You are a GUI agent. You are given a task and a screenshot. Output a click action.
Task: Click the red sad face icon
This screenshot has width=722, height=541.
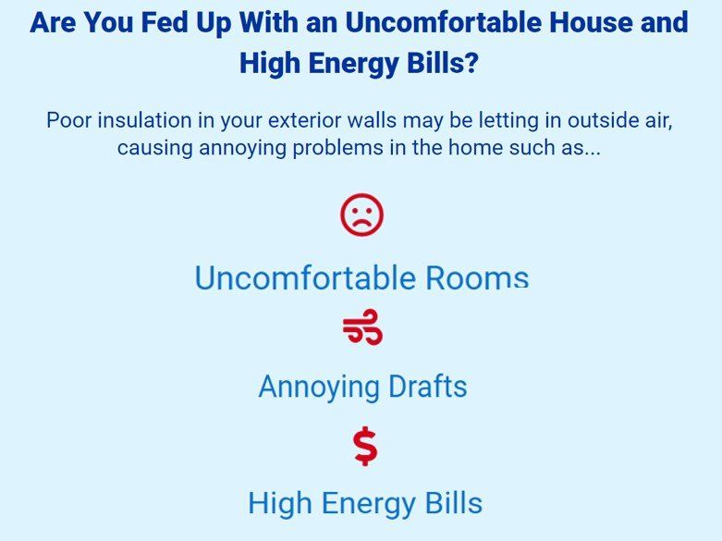coord(361,215)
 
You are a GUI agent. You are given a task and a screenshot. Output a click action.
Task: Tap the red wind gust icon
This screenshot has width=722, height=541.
coord(362,326)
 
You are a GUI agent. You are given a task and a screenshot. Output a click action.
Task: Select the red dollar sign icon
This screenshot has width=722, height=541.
coord(365,446)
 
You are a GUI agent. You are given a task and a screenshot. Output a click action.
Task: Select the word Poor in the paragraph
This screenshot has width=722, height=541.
coord(69,120)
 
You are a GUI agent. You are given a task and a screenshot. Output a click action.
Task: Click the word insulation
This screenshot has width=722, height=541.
coord(144,120)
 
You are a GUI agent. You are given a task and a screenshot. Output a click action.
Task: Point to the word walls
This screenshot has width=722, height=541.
coord(372,120)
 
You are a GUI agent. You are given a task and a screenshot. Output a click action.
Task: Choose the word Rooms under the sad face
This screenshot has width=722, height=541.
coord(477,277)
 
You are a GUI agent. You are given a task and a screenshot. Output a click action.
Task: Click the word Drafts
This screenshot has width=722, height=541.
coord(428,387)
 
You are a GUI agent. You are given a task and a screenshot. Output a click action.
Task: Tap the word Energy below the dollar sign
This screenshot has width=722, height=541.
coord(368,504)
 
